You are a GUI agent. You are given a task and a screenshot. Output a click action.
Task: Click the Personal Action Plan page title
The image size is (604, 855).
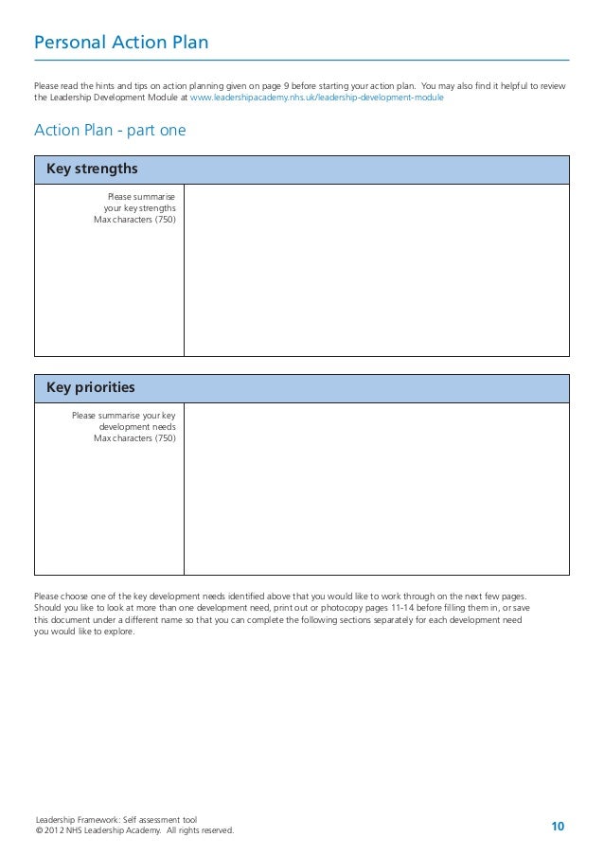point(121,44)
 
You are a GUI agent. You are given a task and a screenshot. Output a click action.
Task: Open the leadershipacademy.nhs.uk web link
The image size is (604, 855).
point(317,98)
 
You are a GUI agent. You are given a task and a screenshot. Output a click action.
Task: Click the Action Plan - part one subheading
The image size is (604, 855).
point(110,130)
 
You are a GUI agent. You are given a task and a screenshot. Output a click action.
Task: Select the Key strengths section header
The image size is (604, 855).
point(93,169)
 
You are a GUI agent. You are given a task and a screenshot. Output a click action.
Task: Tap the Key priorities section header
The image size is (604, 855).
point(91,388)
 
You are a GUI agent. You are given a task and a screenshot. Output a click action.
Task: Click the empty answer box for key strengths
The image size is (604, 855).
point(376,270)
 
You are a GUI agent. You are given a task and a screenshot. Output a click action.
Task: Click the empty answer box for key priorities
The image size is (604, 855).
point(376,489)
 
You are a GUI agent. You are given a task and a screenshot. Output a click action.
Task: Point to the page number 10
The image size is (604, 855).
point(558,828)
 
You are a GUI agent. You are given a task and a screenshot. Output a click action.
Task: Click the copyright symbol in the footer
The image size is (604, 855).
point(38,830)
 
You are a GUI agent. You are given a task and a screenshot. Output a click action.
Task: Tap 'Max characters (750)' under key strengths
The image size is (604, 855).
point(134,220)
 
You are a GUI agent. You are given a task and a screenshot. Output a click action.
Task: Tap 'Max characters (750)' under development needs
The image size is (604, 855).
point(134,438)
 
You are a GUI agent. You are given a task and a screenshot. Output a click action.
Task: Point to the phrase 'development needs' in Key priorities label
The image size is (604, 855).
point(137,426)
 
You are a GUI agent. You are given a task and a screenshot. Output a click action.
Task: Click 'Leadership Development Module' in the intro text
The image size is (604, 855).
point(114,98)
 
